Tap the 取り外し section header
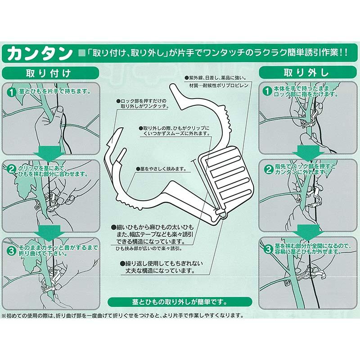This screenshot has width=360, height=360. point(306,73)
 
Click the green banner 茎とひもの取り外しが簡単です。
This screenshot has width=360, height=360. point(180,301)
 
